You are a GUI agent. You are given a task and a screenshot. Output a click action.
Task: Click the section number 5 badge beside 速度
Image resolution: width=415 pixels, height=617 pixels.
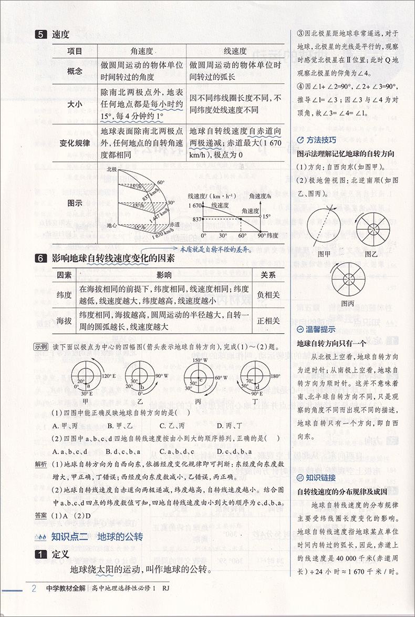coord(41,35)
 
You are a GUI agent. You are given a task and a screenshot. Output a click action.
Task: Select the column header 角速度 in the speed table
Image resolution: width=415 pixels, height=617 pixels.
coord(142,51)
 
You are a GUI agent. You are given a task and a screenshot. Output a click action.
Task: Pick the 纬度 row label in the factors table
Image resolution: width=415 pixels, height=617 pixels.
coord(64,295)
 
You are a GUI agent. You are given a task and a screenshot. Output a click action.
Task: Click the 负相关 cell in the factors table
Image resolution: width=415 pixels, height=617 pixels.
coord(268,295)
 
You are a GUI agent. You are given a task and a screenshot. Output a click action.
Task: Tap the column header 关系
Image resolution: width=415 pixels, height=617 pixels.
coord(268,275)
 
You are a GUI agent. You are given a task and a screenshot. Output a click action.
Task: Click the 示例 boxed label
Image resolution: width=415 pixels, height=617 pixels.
coord(41,346)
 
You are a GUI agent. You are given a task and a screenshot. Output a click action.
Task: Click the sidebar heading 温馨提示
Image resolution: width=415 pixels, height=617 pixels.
coord(317,330)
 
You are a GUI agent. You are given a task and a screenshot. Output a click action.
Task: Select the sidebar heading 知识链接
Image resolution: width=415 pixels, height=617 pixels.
coord(317,478)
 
